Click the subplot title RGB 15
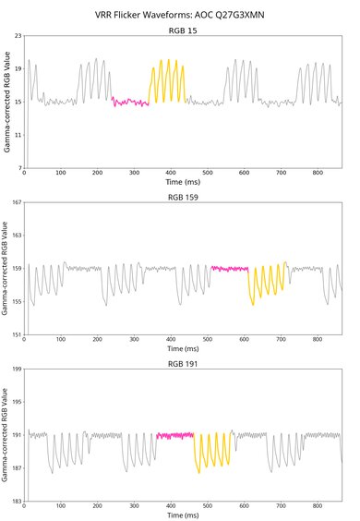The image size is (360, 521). click(182, 30)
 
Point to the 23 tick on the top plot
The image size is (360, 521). click(17, 35)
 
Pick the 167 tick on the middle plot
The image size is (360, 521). click(15, 202)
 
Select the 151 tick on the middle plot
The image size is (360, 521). click(15, 334)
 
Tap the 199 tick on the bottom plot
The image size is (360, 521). click(15, 370)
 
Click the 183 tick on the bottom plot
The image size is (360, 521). click(15, 501)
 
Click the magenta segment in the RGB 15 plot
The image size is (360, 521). click(130, 103)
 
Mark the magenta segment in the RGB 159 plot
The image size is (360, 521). click(229, 268)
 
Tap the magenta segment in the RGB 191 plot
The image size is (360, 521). click(174, 434)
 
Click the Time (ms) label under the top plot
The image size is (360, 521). click(182, 183)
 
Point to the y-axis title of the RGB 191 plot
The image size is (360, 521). click(6, 435)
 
